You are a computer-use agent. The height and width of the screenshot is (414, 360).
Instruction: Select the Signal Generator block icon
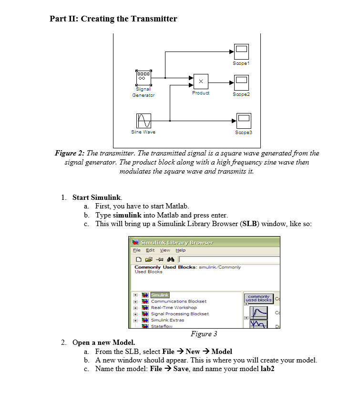point(144,77)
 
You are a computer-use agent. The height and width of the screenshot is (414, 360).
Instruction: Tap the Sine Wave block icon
point(144,120)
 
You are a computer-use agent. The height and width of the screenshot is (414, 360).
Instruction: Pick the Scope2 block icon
point(241,82)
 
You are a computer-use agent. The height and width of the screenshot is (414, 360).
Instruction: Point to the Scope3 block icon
point(244,120)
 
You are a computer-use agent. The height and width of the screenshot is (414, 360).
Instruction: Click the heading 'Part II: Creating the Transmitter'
point(113,19)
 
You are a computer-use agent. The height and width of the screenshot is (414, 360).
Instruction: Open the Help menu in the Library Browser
point(181,250)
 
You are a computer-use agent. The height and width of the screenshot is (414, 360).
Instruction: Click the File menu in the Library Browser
point(137,250)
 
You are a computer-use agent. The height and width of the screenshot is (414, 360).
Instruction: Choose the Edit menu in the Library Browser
point(150,250)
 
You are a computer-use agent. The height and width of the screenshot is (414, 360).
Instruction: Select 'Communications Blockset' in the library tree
point(178,301)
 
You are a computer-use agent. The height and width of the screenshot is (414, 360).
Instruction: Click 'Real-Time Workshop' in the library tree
point(174,308)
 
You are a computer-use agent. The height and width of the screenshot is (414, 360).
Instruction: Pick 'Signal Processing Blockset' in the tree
point(180,314)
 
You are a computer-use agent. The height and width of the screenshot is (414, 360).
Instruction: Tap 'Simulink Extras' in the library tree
point(167,320)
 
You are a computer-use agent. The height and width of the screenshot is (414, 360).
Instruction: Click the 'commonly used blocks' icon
point(258,298)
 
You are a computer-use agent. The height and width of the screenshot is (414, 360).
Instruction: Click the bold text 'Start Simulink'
point(97,197)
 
